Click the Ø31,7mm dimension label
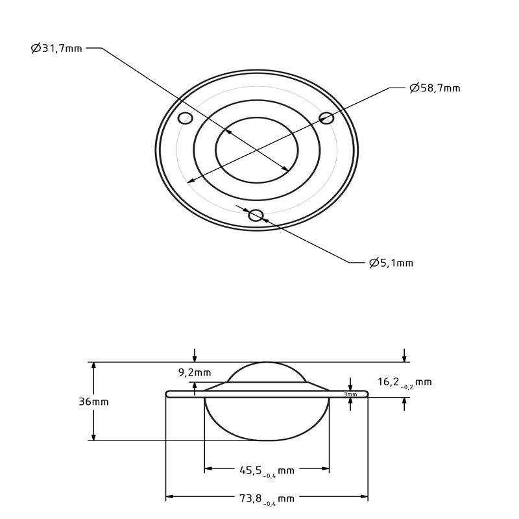pos(57,49)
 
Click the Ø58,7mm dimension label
pos(435,88)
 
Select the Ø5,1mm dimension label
pos(391,263)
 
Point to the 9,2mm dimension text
pos(194,372)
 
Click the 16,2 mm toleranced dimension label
pos(404,382)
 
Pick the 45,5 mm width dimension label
pos(267,470)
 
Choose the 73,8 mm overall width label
pos(267,499)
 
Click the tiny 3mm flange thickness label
pos(350,394)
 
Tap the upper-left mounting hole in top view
pos(185,117)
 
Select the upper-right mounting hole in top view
pos(326,117)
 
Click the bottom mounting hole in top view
pos(256,215)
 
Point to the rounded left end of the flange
pos(168,393)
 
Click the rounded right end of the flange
pos(366,393)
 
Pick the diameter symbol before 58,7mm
pos(414,88)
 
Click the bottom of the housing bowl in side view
pos(267,439)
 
